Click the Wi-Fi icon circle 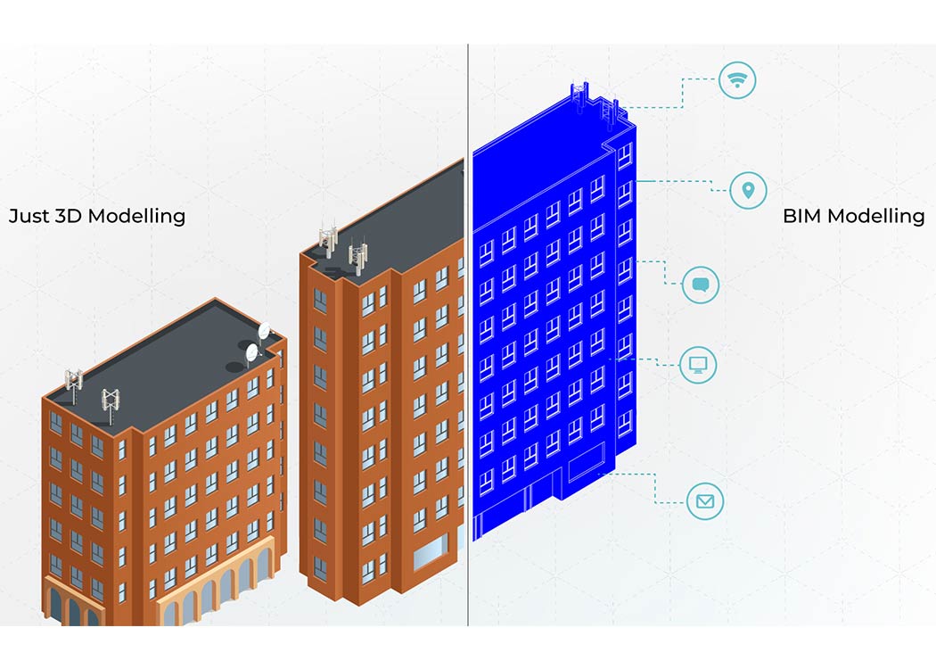[737, 79]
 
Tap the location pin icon [748, 190]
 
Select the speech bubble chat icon [700, 285]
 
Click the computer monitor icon [698, 364]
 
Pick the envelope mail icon [705, 500]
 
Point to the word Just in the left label [29, 216]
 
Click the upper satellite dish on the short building [264, 331]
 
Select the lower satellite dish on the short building [251, 352]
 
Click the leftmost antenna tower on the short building [73, 384]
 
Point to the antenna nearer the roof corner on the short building [111, 405]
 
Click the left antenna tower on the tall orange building [328, 238]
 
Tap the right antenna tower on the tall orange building [358, 254]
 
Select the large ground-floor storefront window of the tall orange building [431, 552]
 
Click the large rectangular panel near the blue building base [587, 462]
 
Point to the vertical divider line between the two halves [468, 334]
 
